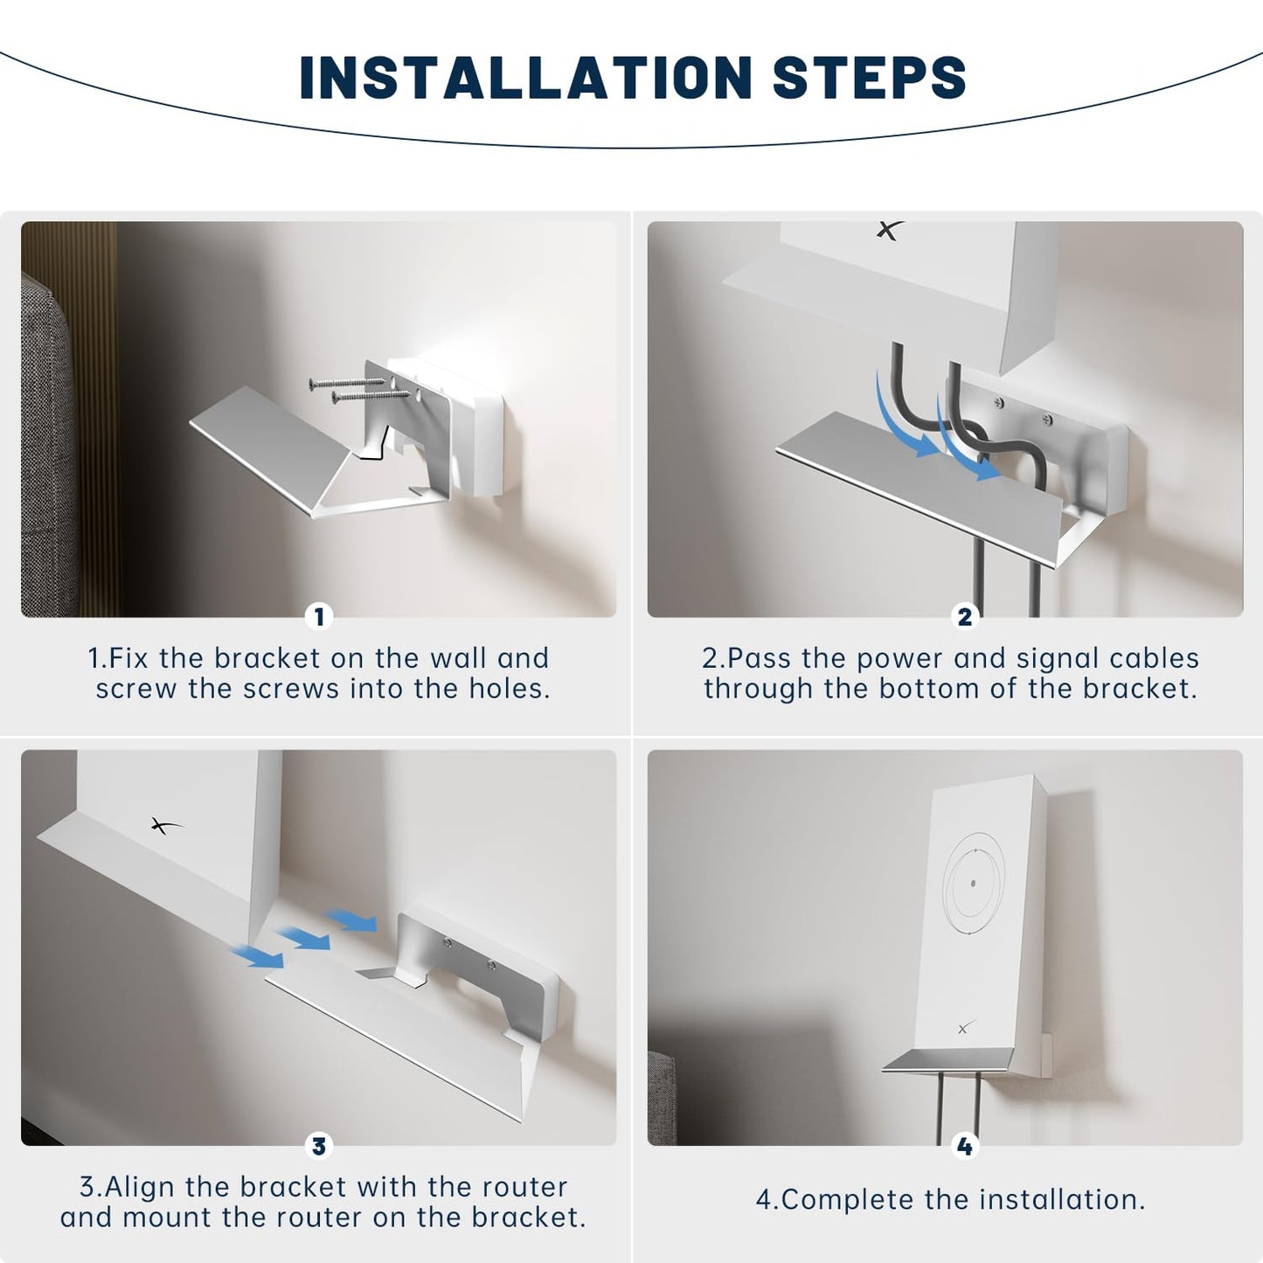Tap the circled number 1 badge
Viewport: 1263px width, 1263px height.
click(x=319, y=617)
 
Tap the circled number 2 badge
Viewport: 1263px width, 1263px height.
click(x=964, y=617)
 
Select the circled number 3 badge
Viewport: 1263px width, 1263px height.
click(x=319, y=1146)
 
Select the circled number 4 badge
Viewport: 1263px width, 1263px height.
click(x=964, y=1146)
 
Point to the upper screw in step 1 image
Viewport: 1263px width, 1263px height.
click(x=345, y=383)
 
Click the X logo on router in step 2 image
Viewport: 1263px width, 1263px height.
click(x=889, y=231)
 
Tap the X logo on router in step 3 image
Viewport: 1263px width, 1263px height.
click(x=164, y=825)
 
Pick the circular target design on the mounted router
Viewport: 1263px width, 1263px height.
click(x=974, y=883)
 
